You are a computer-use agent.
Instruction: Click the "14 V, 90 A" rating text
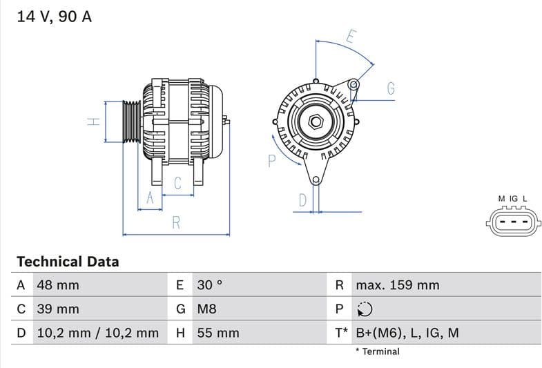[x=54, y=17]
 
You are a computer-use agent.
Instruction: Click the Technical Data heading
[x=68, y=262]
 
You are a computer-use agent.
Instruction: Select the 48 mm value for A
[x=58, y=285]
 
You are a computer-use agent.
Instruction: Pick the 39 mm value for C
[x=58, y=309]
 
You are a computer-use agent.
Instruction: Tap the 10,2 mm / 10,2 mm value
[x=97, y=333]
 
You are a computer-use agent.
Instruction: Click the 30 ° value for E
[x=210, y=285]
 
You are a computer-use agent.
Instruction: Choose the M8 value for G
[x=206, y=309]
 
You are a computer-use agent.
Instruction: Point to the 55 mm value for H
[x=218, y=333]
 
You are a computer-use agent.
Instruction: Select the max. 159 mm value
[x=397, y=285]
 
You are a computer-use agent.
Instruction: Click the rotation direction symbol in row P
[x=365, y=309]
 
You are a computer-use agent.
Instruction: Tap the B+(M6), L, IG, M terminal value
[x=407, y=333]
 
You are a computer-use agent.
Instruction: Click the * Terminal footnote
[x=377, y=351]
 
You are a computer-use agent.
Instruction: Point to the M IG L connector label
[x=512, y=199]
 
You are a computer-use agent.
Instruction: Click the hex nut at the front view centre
[x=316, y=122]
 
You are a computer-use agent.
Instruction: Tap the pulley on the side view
[x=131, y=122]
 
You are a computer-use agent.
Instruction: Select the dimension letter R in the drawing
[x=176, y=222]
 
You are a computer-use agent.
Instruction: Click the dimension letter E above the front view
[x=350, y=37]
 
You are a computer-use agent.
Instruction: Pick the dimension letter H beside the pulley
[x=94, y=122]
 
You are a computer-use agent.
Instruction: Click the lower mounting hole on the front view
[x=316, y=181]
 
